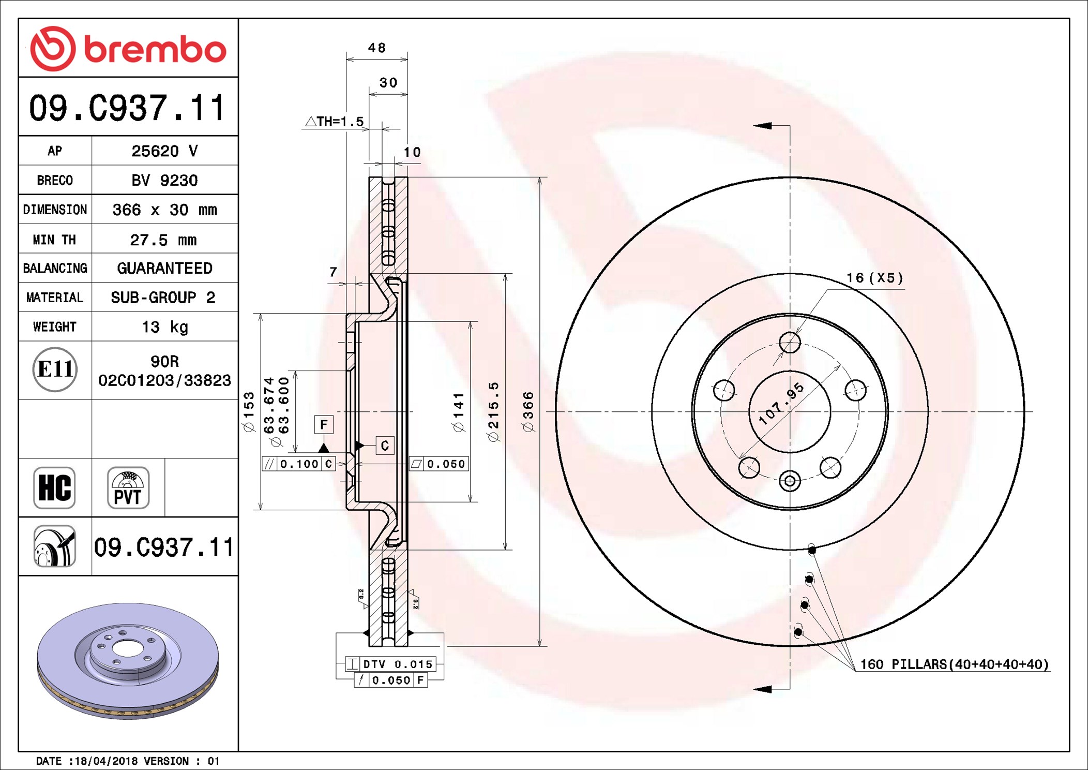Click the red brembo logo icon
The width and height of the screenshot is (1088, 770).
53,49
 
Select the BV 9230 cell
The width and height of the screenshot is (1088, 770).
164,180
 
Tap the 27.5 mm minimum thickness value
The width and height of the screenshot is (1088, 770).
163,240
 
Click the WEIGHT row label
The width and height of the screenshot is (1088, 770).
55,327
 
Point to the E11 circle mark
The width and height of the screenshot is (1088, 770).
55,369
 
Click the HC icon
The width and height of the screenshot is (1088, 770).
54,487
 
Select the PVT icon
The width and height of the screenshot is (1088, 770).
128,487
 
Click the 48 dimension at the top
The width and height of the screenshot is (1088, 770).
377,48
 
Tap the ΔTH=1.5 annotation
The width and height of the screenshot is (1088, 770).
335,122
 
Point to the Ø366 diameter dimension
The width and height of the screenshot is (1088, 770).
527,411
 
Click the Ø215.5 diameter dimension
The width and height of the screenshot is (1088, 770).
493,411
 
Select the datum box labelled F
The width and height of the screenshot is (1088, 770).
324,425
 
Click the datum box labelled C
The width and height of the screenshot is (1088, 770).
385,446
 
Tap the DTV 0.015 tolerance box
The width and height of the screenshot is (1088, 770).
391,664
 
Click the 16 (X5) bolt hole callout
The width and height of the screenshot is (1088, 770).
874,278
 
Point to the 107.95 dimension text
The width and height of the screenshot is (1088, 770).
781,404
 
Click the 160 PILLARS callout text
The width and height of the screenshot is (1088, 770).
954,664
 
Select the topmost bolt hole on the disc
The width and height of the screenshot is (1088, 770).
790,343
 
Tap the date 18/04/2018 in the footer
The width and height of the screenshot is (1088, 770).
106,761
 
